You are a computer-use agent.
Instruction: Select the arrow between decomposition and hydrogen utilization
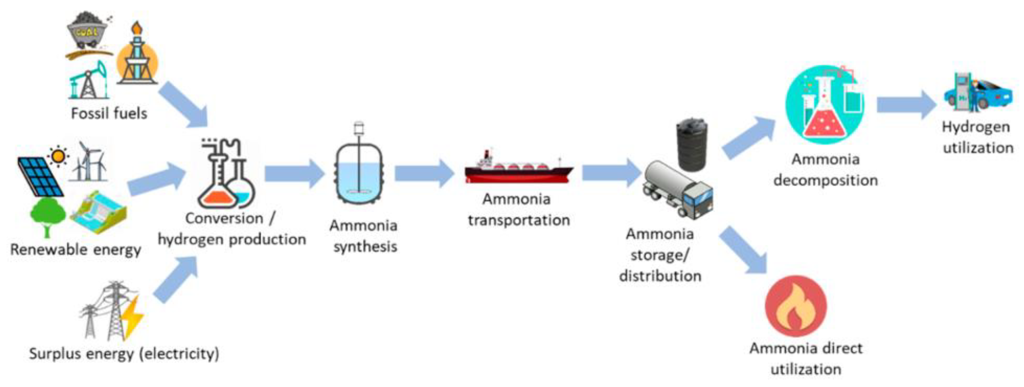coord(907,104)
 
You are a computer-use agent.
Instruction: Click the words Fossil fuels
coord(109,113)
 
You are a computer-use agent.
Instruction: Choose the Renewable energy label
coord(76,250)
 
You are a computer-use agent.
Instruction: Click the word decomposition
coord(825,180)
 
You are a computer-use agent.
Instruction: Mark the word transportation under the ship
coord(518,220)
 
